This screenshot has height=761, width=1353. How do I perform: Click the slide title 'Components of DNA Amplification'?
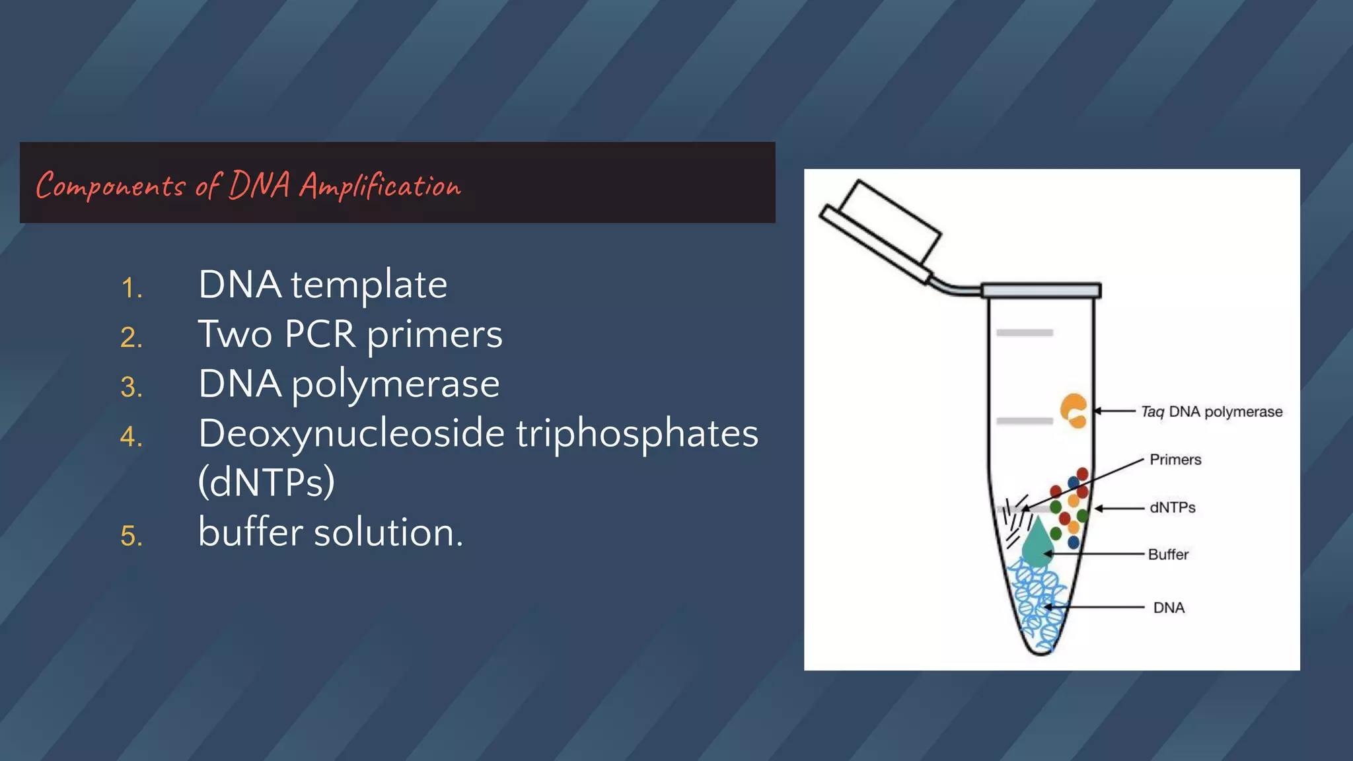(x=248, y=186)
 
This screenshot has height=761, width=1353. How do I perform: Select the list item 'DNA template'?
(x=322, y=285)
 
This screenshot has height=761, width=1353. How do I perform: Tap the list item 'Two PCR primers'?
(x=350, y=334)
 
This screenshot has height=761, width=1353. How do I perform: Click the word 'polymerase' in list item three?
(x=395, y=384)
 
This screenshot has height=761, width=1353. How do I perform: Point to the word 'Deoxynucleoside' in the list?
(x=351, y=433)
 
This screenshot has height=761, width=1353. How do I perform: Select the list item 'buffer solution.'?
(x=330, y=532)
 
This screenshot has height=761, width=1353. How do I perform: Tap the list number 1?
(x=131, y=289)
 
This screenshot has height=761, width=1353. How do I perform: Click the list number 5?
(x=131, y=536)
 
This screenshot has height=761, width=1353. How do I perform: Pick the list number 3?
(x=131, y=387)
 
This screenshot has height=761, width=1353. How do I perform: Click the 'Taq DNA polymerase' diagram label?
(x=1212, y=412)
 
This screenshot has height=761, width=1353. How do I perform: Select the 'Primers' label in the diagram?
(x=1175, y=460)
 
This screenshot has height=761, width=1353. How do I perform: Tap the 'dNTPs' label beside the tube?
(x=1173, y=507)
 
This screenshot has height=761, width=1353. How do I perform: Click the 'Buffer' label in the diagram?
(x=1168, y=554)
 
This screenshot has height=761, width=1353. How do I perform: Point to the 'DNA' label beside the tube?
(x=1169, y=608)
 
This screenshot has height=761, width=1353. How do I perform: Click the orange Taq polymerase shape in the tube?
(x=1073, y=411)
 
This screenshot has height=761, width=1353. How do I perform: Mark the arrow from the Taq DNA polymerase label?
(x=1115, y=411)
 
